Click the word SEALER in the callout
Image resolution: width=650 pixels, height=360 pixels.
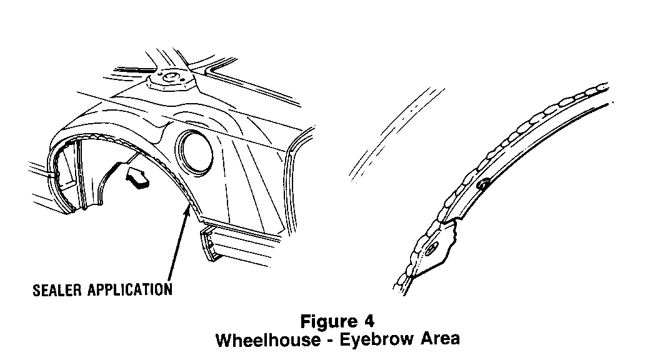tap(54, 290)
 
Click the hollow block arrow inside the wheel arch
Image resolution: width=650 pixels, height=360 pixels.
tap(138, 176)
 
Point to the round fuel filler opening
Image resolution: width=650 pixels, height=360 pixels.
tap(195, 151)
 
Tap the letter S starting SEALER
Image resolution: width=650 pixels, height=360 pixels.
tap(35, 290)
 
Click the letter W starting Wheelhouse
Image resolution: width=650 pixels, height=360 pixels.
tap(223, 341)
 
